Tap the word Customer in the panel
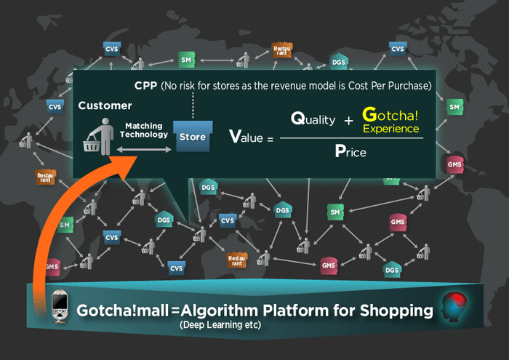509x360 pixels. coord(105,105)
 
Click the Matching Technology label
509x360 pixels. coord(143,130)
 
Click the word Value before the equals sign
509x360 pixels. coord(246,136)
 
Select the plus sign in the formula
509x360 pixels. coord(348,120)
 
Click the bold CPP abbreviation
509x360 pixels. coord(145,86)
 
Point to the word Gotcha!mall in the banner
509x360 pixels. coord(121,311)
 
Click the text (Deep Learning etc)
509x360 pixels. coord(220,326)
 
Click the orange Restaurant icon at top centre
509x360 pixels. coord(281,49)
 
